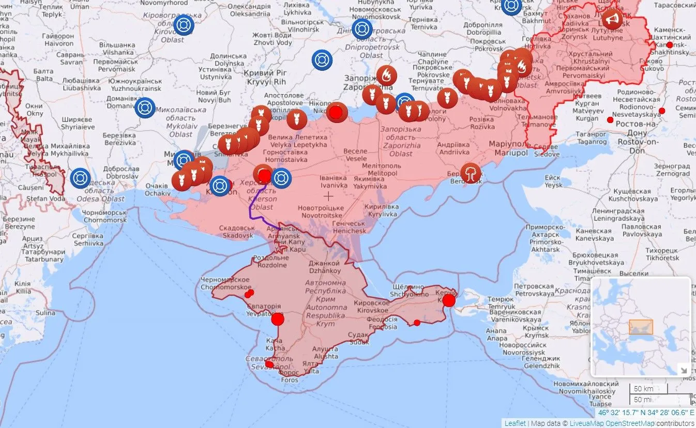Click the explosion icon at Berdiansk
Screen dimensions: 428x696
click(471, 173)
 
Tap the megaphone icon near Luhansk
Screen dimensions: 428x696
click(612, 19)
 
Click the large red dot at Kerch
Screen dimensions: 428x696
click(449, 300)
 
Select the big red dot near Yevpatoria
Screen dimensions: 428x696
click(278, 319)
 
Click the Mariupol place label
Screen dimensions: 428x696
click(511, 149)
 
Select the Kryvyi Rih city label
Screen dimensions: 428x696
click(266, 78)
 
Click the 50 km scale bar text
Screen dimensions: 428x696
click(644, 389)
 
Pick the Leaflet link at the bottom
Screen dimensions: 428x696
click(515, 423)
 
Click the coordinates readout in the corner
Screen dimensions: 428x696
click(646, 413)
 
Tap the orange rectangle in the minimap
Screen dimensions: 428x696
click(641, 327)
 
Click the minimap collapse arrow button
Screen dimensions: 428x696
click(684, 370)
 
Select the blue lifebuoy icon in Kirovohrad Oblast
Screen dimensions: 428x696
click(184, 25)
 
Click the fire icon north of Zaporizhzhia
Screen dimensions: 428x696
click(386, 76)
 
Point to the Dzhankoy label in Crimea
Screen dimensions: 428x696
click(324, 267)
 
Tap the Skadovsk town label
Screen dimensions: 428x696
click(236, 232)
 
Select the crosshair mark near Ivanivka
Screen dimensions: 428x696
click(328, 196)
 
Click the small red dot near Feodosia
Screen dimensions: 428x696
click(417, 323)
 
